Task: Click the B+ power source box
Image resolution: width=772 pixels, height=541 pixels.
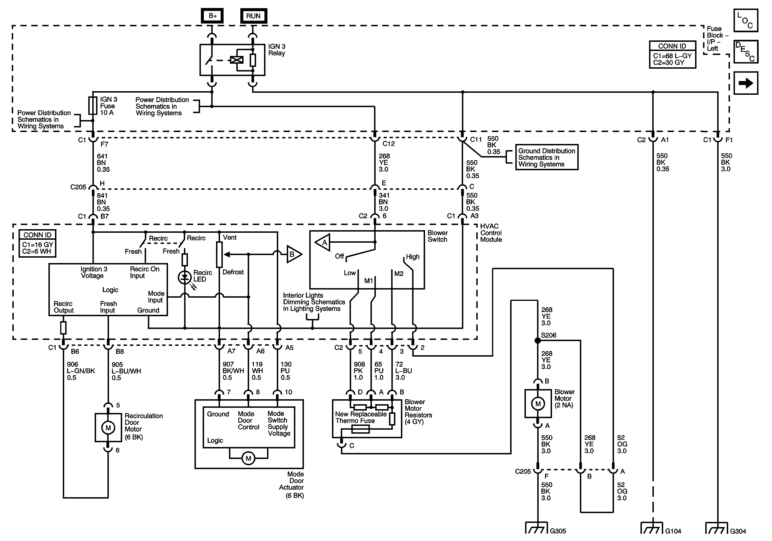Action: pos(212,16)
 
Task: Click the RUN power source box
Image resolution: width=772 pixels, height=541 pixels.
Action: pos(253,16)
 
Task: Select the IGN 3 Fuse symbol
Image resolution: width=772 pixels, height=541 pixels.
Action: pos(93,106)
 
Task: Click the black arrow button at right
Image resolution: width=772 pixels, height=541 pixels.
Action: pos(746,83)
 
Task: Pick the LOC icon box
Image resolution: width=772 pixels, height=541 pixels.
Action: pos(746,21)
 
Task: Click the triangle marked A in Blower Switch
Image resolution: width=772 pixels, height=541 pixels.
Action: pos(323,242)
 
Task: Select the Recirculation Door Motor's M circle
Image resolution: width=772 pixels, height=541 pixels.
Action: pos(108,428)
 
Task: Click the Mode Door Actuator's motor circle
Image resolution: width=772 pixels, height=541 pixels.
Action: pos(248,458)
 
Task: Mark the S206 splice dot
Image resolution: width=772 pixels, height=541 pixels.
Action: pos(538,341)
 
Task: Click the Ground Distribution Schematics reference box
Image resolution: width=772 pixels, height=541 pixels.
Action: pos(546,158)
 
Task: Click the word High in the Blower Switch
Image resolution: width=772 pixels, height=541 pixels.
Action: pos(413,257)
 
